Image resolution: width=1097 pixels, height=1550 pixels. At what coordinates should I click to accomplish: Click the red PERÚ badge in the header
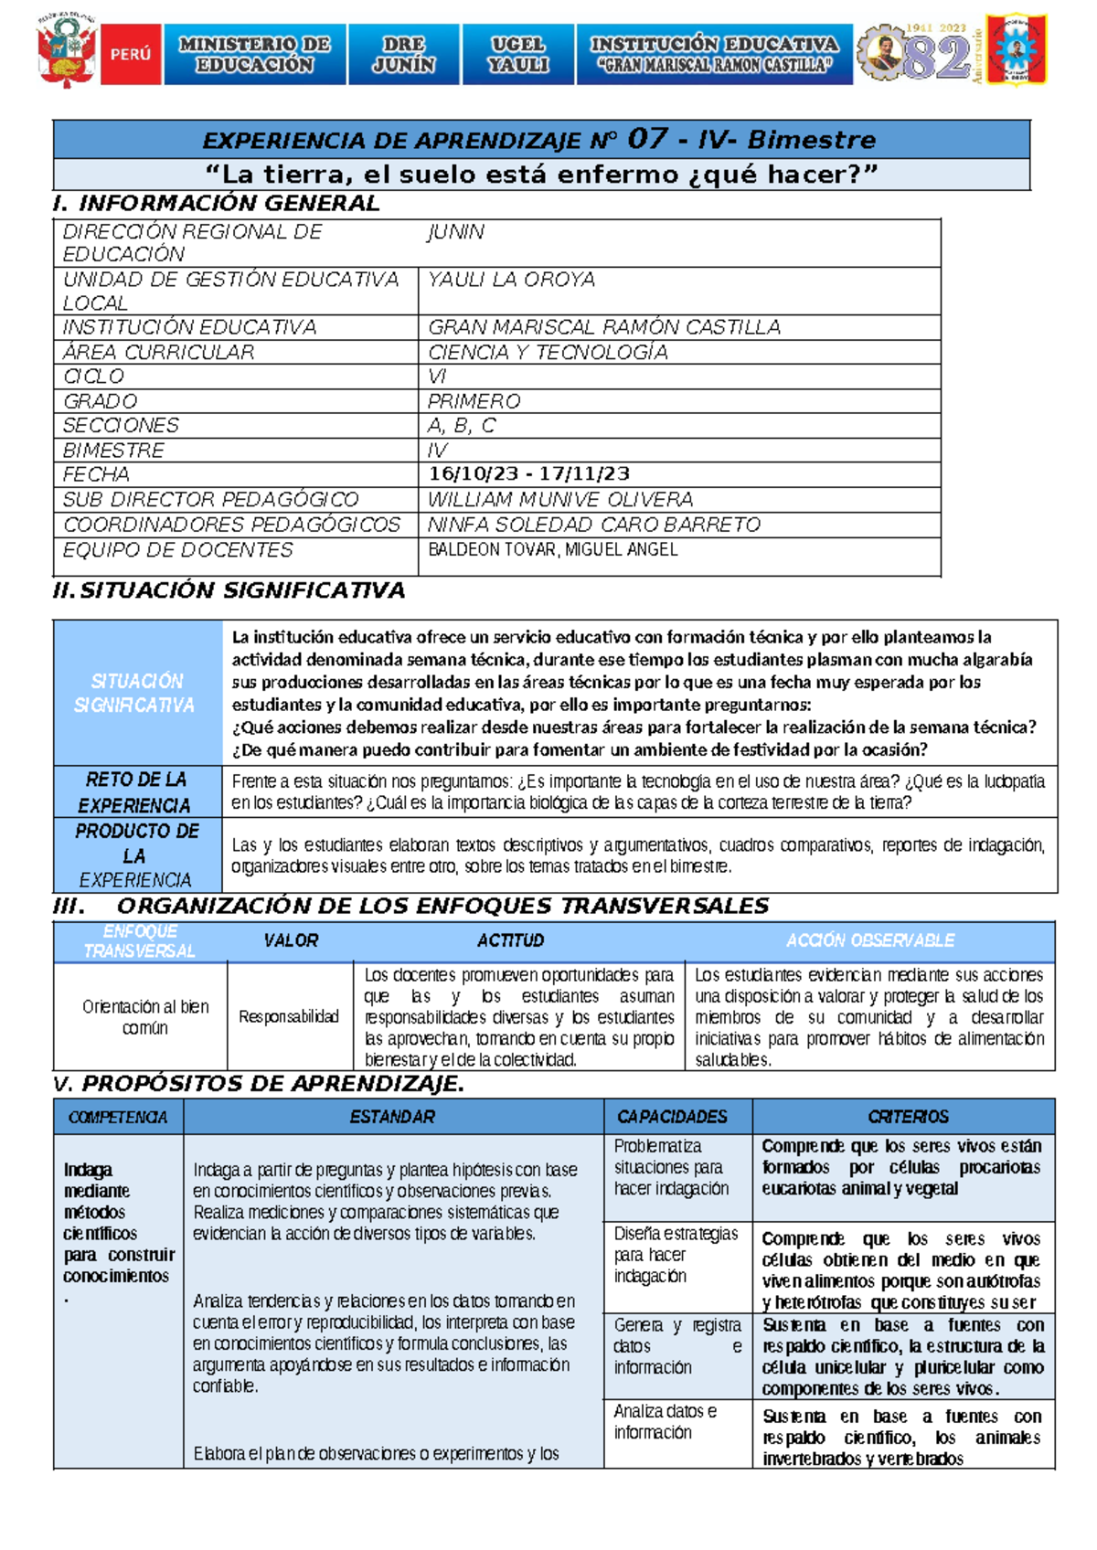[x=131, y=55]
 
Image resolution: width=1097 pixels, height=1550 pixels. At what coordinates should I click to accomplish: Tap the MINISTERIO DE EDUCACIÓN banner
[x=255, y=55]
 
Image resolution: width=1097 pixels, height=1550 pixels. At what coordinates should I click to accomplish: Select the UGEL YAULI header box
[x=518, y=55]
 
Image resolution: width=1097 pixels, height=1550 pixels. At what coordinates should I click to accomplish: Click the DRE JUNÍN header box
[x=403, y=55]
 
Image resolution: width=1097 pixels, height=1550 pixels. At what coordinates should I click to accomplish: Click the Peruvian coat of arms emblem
[x=66, y=52]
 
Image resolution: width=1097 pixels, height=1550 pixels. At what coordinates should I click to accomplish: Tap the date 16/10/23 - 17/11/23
[x=529, y=473]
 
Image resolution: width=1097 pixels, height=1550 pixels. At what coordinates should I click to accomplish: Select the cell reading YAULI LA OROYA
[x=511, y=280]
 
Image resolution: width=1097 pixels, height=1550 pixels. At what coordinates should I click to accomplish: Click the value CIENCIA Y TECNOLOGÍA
[x=548, y=352]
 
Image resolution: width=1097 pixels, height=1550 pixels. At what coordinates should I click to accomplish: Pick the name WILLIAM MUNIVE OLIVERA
[x=560, y=499]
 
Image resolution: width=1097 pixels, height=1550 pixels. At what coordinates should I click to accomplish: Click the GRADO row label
[x=100, y=401]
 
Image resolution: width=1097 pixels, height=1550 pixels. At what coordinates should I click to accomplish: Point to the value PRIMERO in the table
[x=474, y=401]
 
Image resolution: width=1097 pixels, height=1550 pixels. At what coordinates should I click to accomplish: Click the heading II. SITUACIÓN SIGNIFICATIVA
[x=229, y=590]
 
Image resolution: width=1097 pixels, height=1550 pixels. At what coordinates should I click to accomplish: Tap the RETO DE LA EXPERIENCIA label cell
[x=135, y=791]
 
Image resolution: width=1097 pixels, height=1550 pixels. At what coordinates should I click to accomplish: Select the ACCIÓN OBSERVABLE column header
[x=869, y=940]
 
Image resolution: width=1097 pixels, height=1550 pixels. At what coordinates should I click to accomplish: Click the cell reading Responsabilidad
[x=289, y=1016]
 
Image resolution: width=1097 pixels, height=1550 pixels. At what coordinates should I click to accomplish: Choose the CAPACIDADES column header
[x=672, y=1117]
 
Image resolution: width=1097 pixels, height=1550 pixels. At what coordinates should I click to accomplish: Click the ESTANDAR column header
[x=392, y=1117]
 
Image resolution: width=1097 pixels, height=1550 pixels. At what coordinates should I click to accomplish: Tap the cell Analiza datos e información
[x=666, y=1421]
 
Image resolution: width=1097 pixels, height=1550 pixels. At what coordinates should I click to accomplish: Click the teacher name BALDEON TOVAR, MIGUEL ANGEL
[x=553, y=549]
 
